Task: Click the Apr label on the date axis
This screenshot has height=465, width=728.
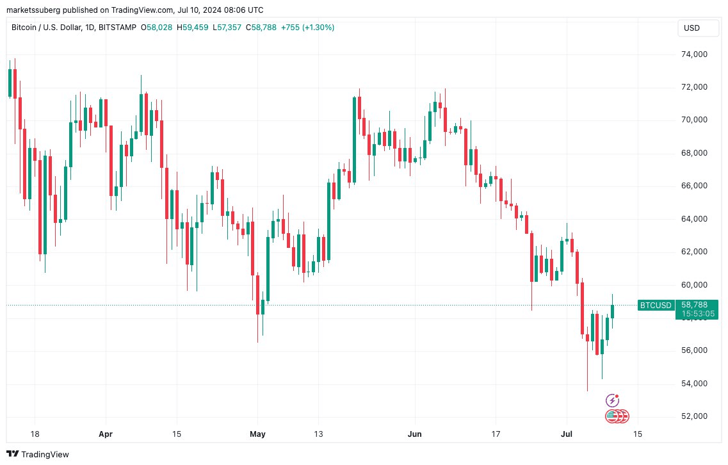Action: pos(106,434)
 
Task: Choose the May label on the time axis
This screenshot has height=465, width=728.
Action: pos(257,434)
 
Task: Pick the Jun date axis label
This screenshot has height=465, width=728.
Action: pos(416,434)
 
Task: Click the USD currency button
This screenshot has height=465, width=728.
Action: pos(692,28)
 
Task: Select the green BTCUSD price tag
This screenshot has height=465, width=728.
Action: pos(656,305)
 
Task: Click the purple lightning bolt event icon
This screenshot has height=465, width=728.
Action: pos(612,400)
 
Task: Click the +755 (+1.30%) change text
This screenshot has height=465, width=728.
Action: pos(310,28)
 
